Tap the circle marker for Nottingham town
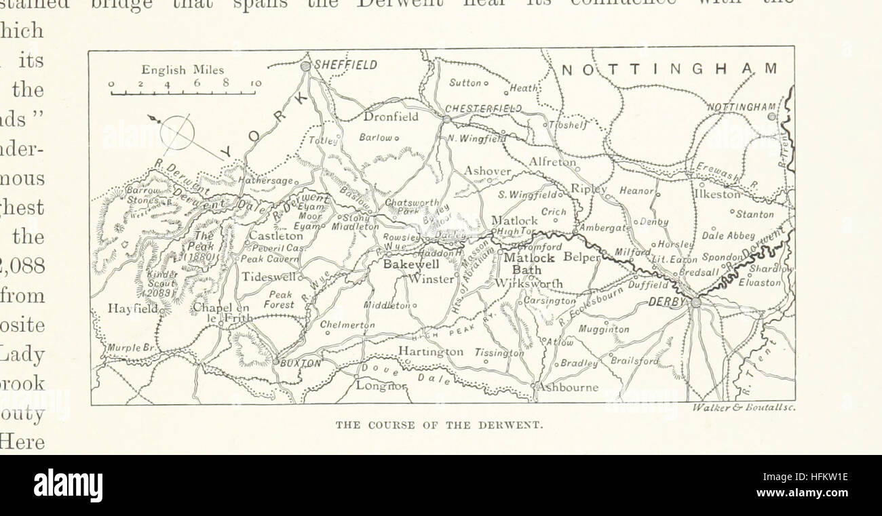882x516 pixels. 771,117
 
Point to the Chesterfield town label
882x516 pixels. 483,108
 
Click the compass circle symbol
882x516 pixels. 177,132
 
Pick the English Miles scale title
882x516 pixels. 183,70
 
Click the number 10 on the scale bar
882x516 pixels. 255,83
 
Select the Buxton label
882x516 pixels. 301,363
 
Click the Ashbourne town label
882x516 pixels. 569,388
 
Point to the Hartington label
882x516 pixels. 431,351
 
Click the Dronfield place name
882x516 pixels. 391,117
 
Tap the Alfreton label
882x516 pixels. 553,163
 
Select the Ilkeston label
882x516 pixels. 717,194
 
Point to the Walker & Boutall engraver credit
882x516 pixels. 744,408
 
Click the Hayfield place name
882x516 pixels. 132,308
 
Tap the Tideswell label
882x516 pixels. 270,277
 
